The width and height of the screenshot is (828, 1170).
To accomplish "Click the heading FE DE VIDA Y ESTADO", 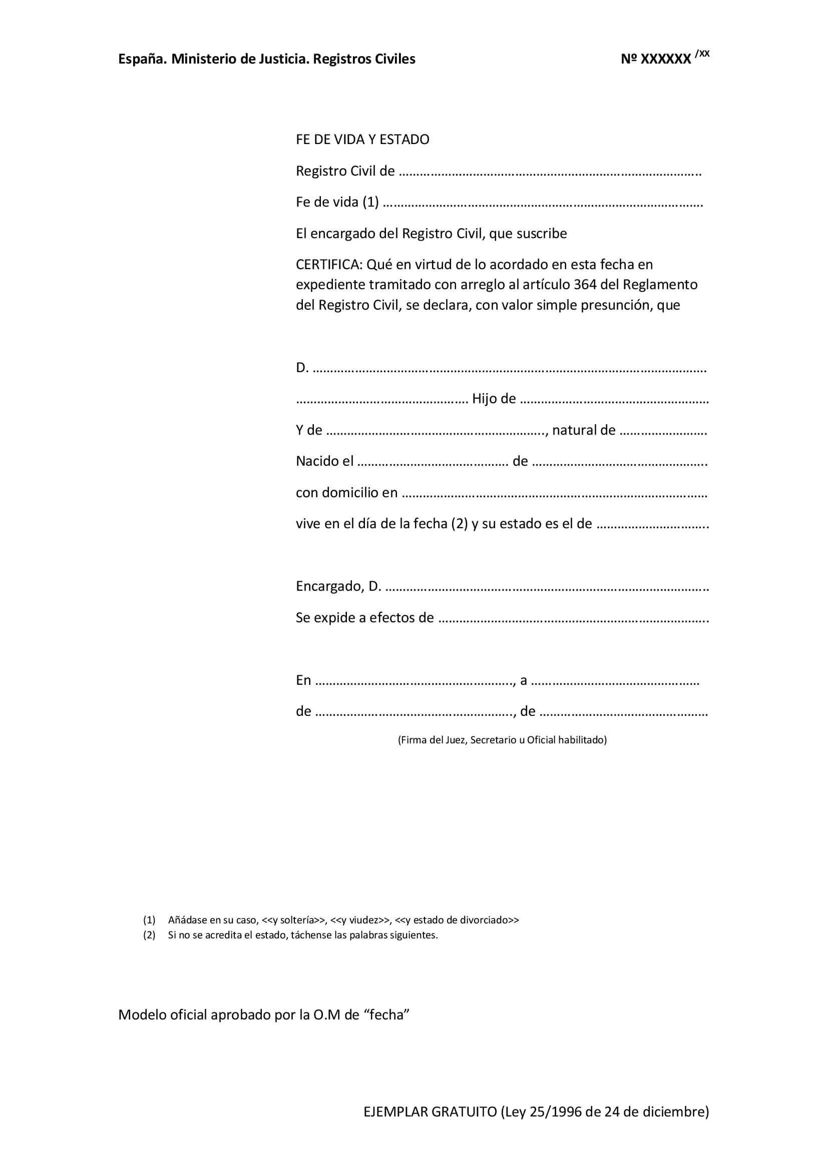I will (362, 140).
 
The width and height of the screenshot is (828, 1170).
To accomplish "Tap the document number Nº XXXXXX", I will (656, 59).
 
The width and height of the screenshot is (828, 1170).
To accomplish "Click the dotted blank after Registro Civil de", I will (550, 172).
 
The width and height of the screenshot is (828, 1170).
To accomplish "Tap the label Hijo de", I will (494, 399).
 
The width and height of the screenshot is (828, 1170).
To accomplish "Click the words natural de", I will (584, 430).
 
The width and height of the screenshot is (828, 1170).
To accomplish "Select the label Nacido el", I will (325, 461).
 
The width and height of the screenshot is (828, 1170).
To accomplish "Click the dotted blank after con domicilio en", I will (554, 493).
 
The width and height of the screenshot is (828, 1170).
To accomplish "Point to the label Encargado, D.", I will (338, 587).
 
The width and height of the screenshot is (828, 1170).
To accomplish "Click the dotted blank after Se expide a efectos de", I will (573, 619).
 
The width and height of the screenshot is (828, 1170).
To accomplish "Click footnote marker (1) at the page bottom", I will (149, 920).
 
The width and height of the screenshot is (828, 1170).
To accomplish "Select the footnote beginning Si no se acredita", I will (303, 935).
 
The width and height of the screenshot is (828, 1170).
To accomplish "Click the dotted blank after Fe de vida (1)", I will (542, 203).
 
